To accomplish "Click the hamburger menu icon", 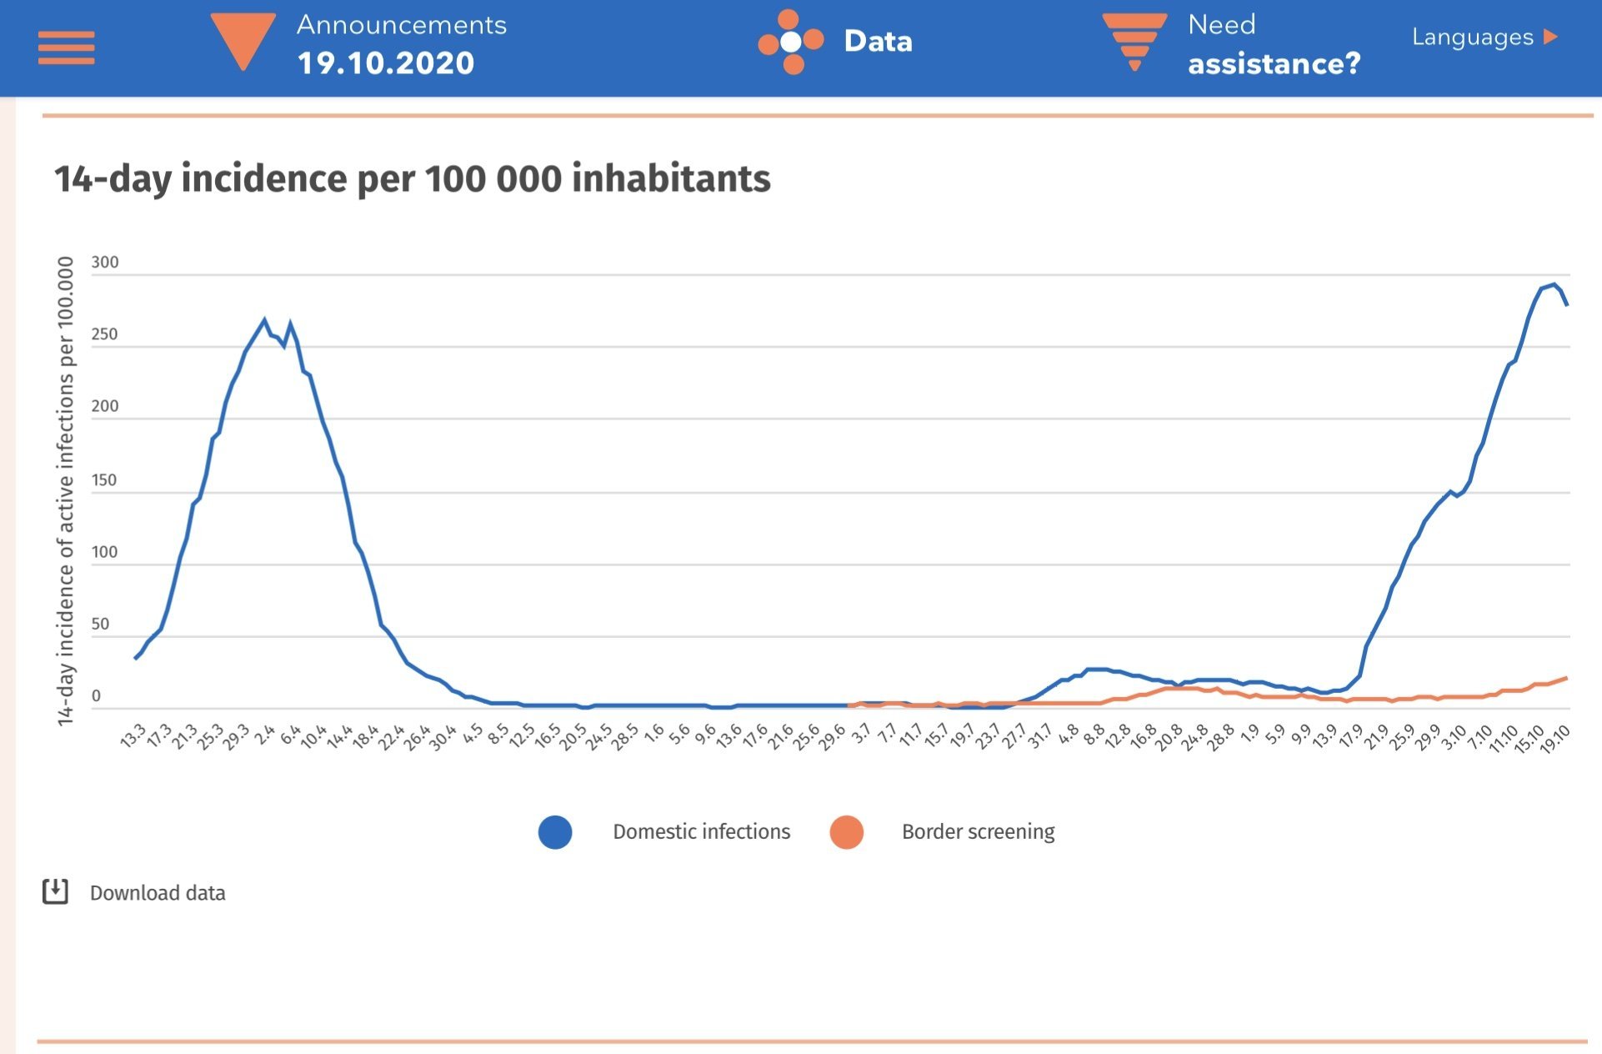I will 67,48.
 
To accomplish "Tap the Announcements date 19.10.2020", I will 386,63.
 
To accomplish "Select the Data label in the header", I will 878,41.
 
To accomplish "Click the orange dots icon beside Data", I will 790,41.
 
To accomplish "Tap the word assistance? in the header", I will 1274,64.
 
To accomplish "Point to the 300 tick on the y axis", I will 105,262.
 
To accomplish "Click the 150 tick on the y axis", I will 105,479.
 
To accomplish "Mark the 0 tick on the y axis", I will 96,695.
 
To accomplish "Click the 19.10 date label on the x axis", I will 1555,738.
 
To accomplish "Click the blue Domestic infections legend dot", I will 555,832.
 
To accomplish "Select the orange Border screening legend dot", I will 846,832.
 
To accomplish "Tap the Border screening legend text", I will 978,832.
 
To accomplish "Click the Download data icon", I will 55,891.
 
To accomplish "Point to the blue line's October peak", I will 1554,284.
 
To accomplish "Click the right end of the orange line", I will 1566,678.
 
